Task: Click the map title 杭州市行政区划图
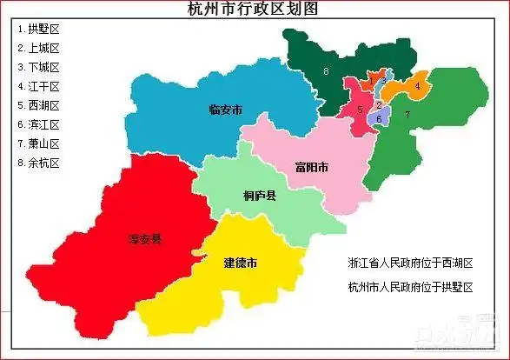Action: [254, 10]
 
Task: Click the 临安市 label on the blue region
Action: [226, 110]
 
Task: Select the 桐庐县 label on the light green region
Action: [260, 197]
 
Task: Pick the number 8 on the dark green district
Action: [326, 70]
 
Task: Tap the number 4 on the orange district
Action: [418, 86]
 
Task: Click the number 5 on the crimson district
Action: [360, 109]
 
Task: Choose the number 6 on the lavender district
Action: [379, 119]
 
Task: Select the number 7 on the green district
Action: [407, 115]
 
